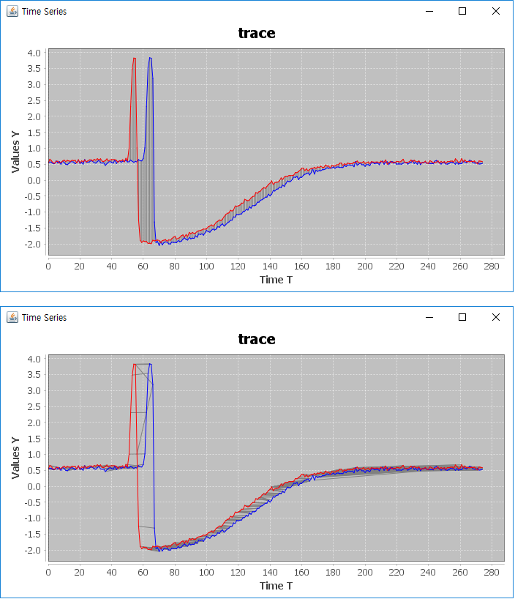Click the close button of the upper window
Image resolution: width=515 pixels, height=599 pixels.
496,11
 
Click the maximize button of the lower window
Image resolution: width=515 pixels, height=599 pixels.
462,317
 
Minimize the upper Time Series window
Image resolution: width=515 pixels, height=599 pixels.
429,11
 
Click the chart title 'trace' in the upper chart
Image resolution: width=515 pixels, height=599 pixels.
257,33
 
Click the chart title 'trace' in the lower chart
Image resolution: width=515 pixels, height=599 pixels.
257,339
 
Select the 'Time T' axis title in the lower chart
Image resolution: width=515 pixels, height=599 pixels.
276,586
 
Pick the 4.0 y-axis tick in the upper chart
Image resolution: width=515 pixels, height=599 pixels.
34,53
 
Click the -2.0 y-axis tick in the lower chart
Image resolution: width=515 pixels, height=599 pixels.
33,550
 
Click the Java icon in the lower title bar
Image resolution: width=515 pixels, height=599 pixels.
12,317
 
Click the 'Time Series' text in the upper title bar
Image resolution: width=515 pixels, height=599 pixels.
44,11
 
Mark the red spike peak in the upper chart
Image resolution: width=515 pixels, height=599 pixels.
135,58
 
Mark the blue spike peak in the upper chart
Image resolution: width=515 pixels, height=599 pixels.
150,58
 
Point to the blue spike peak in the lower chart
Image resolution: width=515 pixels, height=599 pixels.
150,364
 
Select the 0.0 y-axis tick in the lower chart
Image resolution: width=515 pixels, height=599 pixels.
34,486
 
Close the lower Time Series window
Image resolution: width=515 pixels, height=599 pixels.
496,317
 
